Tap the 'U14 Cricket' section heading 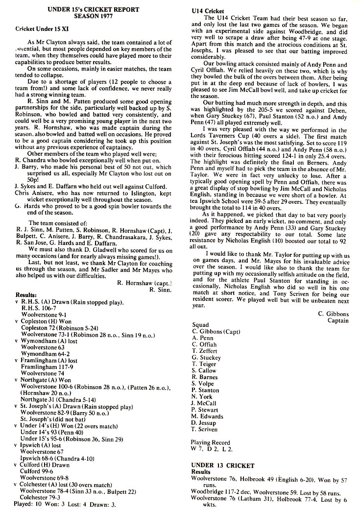[208, 11]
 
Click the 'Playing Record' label [210, 442]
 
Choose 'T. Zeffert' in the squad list [204, 351]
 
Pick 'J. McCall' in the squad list [203, 403]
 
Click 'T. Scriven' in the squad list [205, 429]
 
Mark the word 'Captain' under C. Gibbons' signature [338, 321]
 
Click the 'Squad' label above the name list [201, 325]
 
